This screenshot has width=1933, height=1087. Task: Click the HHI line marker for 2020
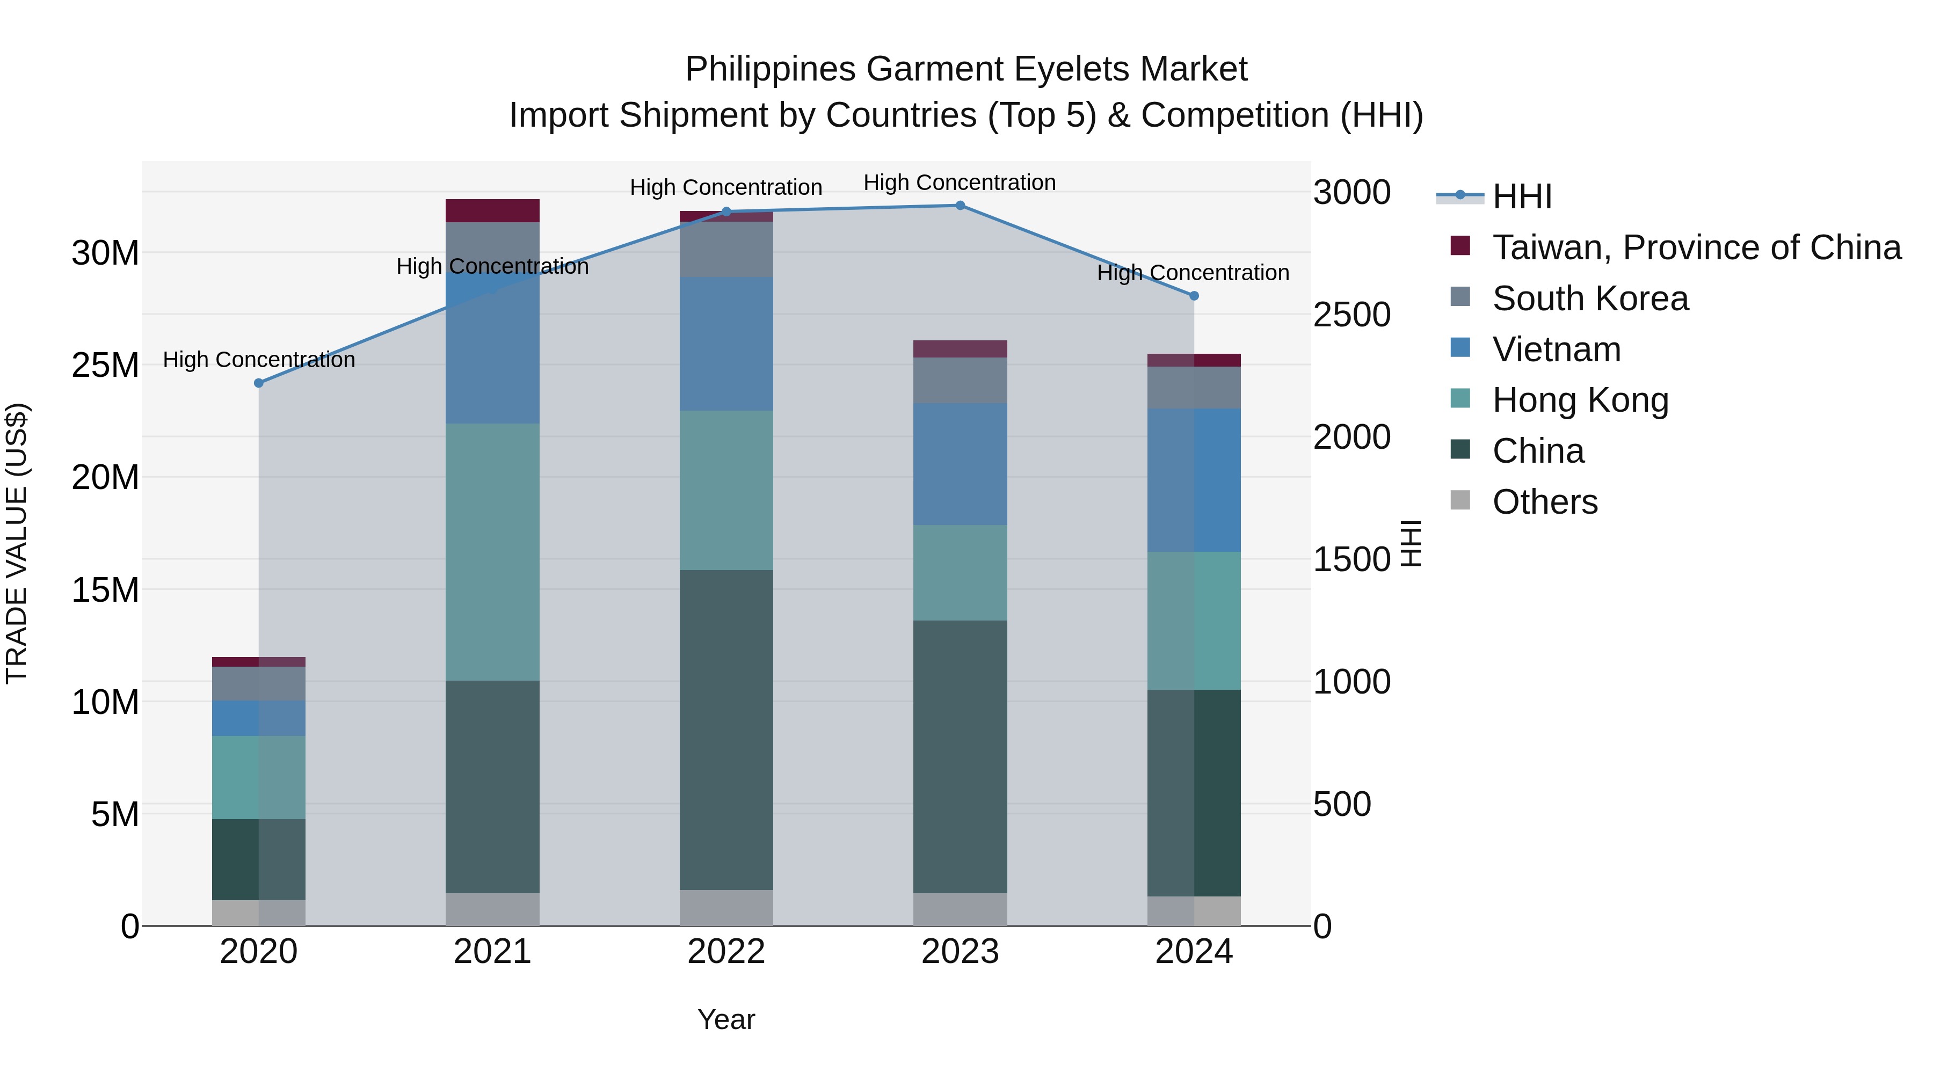(x=259, y=383)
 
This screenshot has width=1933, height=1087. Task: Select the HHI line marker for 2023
(x=960, y=206)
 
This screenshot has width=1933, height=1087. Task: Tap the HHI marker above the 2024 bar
(x=1194, y=296)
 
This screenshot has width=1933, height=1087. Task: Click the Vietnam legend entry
(x=1556, y=349)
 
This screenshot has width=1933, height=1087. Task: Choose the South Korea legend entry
(x=1590, y=298)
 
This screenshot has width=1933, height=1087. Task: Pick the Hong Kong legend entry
(x=1580, y=400)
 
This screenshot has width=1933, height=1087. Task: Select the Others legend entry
(x=1545, y=502)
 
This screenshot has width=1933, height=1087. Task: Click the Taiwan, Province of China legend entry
(x=1697, y=247)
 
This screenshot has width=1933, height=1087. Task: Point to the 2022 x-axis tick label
(x=725, y=952)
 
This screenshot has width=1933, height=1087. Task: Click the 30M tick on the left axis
(x=105, y=253)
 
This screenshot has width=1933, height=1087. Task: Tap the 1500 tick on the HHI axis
(x=1351, y=560)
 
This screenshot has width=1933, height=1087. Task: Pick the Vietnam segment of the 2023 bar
(x=960, y=464)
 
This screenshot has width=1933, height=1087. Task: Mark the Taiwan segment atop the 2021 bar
(x=492, y=211)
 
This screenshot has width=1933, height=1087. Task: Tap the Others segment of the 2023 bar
(x=960, y=909)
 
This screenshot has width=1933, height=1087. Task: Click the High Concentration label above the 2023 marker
(x=959, y=183)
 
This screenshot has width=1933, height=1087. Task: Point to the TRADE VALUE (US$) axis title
(x=17, y=543)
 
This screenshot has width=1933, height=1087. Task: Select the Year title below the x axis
(x=725, y=1019)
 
